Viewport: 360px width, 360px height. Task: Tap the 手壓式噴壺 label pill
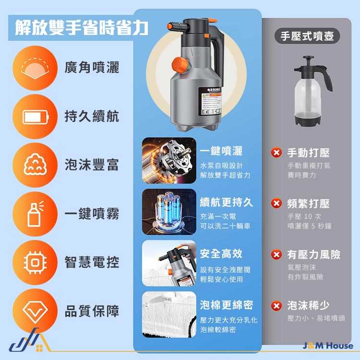(307, 36)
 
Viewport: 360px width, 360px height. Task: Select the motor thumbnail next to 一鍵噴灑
(169, 161)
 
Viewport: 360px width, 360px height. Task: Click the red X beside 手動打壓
(276, 153)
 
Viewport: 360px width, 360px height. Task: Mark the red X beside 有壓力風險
(276, 254)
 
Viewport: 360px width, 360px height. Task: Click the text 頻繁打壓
(308, 204)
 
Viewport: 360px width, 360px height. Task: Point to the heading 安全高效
(221, 253)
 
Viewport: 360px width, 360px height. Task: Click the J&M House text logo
(328, 346)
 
